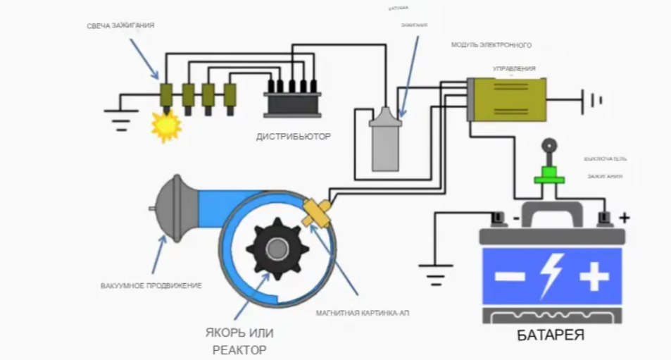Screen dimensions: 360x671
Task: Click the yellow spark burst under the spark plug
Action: click(167, 126)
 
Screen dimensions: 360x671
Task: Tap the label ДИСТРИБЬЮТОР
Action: click(293, 137)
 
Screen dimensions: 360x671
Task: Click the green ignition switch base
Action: click(549, 177)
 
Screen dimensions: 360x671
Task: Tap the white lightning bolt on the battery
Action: click(551, 275)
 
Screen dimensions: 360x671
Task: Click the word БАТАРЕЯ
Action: click(551, 335)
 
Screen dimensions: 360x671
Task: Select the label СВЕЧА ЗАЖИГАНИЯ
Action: click(120, 25)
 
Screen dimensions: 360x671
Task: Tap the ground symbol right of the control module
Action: click(594, 99)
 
